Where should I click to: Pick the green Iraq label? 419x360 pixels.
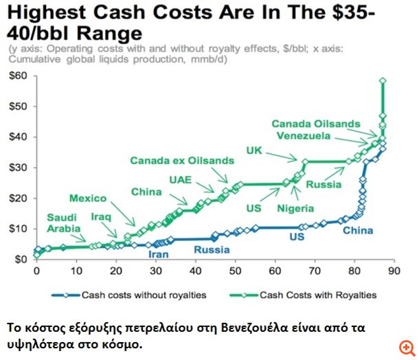[102, 216]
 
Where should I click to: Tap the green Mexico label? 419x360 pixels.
[87, 199]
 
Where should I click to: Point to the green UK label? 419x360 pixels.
[254, 151]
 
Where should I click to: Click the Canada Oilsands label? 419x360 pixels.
[315, 124]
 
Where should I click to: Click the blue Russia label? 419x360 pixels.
[211, 249]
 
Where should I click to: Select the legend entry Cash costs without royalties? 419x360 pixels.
[131, 296]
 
